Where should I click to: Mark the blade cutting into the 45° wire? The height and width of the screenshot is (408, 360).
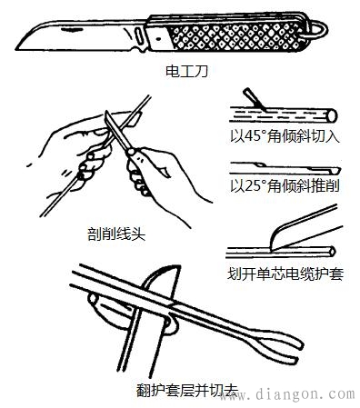click(250, 98)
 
